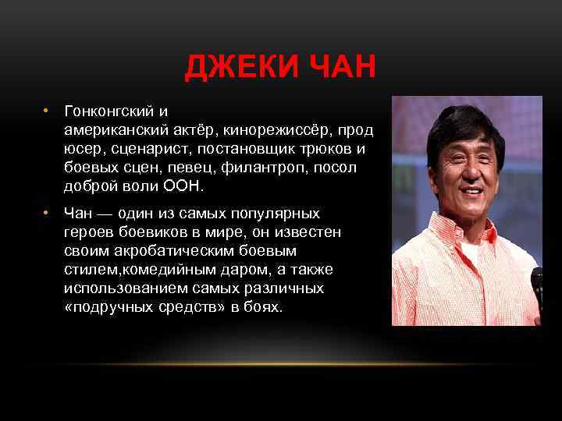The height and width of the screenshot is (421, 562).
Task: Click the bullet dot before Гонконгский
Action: [47, 111]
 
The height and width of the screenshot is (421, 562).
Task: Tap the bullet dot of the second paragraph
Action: [47, 213]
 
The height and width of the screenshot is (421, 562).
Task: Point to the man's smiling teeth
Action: [471, 190]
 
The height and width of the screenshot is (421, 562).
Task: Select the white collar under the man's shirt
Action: [470, 252]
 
